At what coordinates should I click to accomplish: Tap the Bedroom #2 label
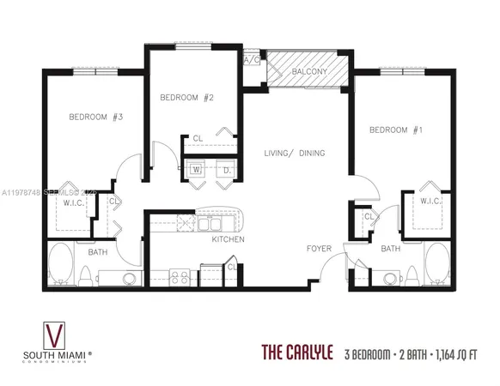pyautogui.click(x=186, y=98)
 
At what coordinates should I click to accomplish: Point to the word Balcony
pyautogui.click(x=307, y=72)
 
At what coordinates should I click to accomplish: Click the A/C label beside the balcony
pyautogui.click(x=252, y=60)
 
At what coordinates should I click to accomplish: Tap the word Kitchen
pyautogui.click(x=229, y=239)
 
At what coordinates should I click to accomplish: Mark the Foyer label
pyautogui.click(x=320, y=249)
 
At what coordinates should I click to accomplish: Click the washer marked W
pyautogui.click(x=196, y=169)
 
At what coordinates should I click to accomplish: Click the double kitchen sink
pyautogui.click(x=210, y=224)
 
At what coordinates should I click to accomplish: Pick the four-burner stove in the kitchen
pyautogui.click(x=180, y=276)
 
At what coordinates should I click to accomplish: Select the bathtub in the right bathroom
pyautogui.click(x=436, y=266)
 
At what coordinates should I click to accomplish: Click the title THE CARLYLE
pyautogui.click(x=297, y=353)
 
